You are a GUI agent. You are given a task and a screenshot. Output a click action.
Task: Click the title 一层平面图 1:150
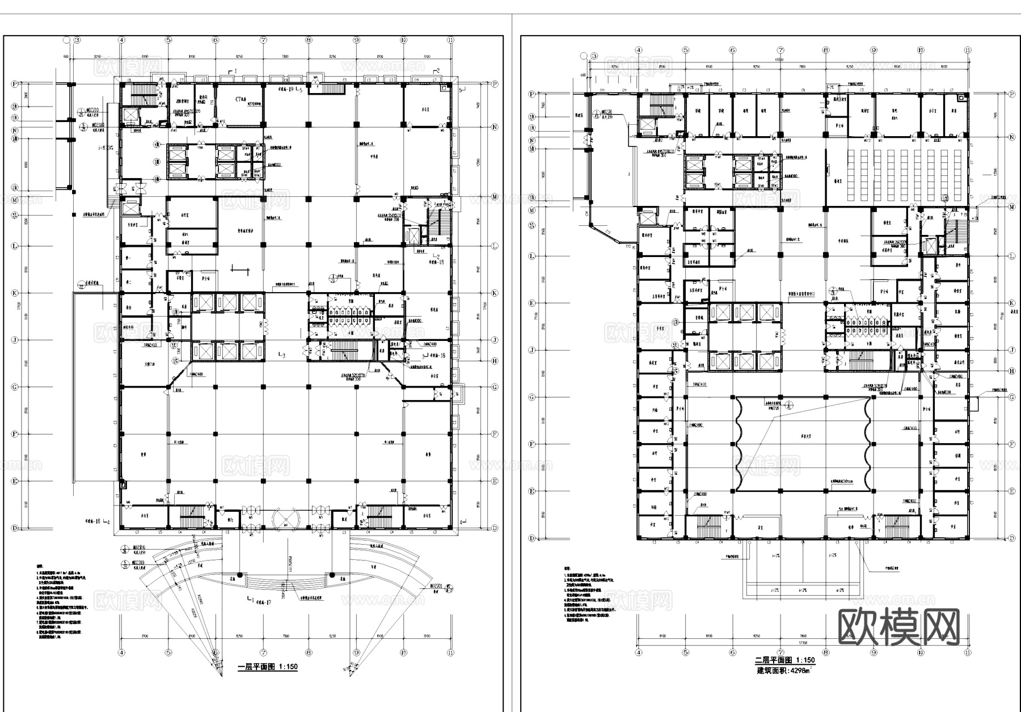click(x=267, y=667)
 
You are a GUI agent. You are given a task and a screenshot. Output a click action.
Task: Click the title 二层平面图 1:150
click(x=784, y=660)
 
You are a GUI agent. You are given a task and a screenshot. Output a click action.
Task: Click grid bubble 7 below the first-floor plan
click(x=263, y=652)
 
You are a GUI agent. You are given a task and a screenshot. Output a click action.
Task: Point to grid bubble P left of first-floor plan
click(x=14, y=84)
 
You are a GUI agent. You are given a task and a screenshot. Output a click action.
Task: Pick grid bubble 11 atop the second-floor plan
click(x=968, y=50)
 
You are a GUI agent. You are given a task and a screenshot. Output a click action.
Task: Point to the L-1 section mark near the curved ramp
click(x=250, y=599)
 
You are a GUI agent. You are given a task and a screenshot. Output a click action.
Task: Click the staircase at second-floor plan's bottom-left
click(x=706, y=526)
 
